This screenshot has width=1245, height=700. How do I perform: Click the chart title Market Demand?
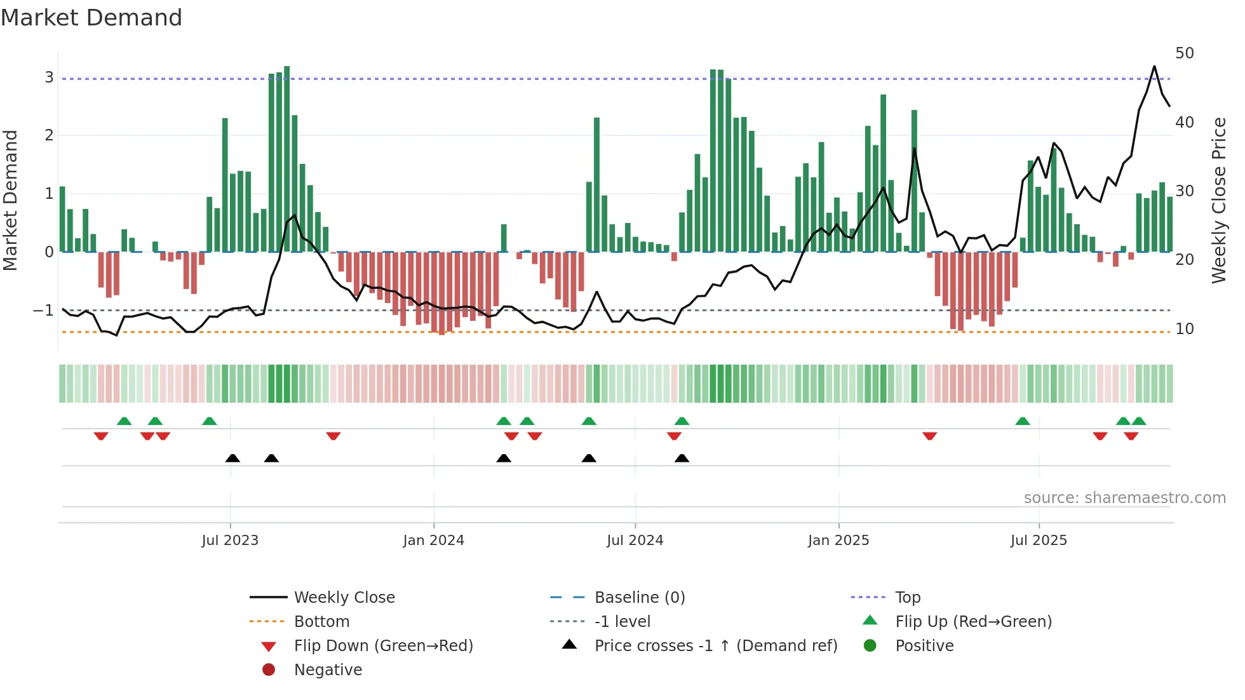(91, 18)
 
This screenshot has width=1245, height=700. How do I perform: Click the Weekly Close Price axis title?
(1218, 200)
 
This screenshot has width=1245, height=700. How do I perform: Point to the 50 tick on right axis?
(1184, 53)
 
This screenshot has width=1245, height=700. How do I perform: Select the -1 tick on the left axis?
(43, 311)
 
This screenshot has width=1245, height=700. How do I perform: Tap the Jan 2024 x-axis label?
(433, 541)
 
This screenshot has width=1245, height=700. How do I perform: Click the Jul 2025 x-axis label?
(1039, 541)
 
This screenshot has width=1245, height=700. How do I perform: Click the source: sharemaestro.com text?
(1124, 498)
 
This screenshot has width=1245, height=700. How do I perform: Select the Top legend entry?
(907, 598)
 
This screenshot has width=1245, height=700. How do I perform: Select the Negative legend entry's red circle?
(269, 670)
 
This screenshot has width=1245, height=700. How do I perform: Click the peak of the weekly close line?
(1154, 67)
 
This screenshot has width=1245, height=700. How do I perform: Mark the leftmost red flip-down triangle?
(101, 436)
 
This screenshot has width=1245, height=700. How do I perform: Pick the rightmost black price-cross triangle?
(682, 458)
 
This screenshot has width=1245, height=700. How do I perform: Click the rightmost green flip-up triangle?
(1139, 421)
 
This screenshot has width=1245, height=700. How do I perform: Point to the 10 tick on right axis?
(1184, 329)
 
